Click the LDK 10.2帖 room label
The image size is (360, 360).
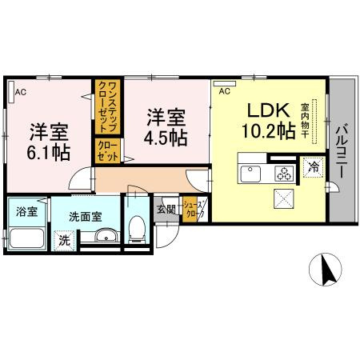click(269, 121)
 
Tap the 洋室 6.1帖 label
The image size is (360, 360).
click(49, 142)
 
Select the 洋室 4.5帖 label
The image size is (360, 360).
click(166, 127)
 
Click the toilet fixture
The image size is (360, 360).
click(137, 230)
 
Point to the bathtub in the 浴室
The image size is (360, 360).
click(26, 238)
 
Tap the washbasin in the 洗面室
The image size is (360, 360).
click(106, 235)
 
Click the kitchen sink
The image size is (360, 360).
click(250, 174)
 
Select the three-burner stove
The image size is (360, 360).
click(284, 174)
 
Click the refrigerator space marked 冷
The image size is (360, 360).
click(314, 168)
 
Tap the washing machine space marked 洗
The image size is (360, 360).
click(64, 241)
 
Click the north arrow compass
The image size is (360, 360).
click(326, 269)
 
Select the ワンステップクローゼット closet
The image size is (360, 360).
click(107, 107)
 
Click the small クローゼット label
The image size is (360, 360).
click(107, 151)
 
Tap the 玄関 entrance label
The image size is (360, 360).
click(166, 210)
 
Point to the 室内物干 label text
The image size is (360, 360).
click(305, 121)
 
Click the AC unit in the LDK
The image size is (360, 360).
click(225, 83)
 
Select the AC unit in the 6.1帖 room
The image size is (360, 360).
click(11, 91)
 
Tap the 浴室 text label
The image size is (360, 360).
click(26, 212)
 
